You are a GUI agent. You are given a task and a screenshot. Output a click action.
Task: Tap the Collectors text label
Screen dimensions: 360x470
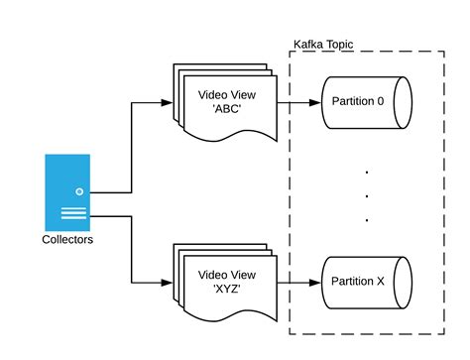[x=67, y=239]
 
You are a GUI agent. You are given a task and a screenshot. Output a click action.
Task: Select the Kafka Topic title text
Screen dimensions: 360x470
[x=324, y=46]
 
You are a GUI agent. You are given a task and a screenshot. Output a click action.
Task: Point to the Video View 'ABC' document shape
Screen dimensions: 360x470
[x=227, y=103]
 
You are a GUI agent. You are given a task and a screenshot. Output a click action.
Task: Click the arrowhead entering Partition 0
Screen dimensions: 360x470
[x=317, y=102]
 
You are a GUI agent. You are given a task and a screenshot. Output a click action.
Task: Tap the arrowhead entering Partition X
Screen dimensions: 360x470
[x=317, y=281]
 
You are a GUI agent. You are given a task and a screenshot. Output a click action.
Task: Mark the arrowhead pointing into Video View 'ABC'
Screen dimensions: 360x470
[x=168, y=102]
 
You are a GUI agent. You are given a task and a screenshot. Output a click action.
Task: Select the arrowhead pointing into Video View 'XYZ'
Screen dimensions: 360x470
[x=168, y=281]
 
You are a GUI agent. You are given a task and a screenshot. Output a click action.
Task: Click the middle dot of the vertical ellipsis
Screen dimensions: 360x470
[x=366, y=195]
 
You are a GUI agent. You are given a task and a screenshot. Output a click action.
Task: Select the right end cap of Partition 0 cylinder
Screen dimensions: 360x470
[x=401, y=102]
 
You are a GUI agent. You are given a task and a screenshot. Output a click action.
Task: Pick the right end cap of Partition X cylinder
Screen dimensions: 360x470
[x=401, y=281]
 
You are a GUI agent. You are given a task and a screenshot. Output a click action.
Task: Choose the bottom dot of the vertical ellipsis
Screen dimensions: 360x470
[x=366, y=219]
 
